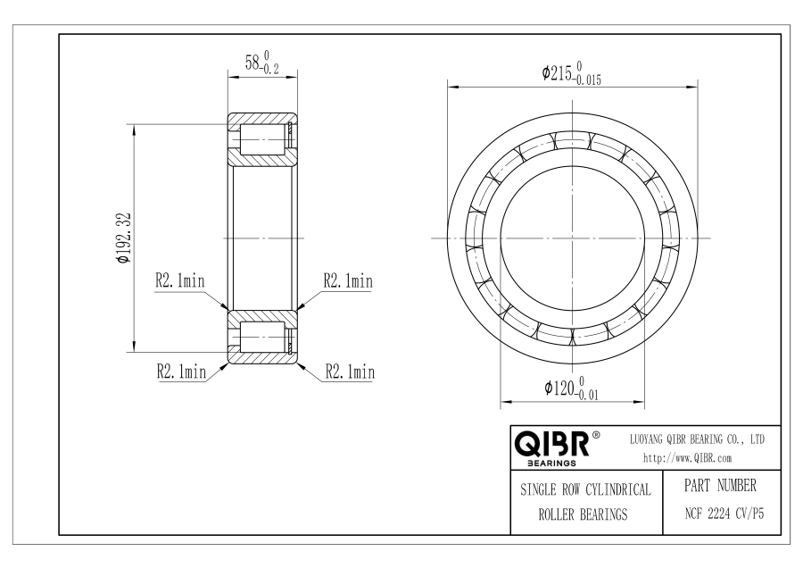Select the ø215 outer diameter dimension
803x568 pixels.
572,73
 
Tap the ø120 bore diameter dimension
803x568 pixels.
571,388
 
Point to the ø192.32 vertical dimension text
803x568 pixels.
124,238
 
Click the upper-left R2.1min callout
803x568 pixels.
180,281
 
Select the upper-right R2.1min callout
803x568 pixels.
348,281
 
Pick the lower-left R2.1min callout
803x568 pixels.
181,372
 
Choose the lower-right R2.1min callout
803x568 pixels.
351,372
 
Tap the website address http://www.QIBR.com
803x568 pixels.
688,458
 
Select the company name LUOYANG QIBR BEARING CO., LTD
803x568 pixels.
697,439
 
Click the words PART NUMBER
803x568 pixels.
720,485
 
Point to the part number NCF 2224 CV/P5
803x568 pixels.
724,514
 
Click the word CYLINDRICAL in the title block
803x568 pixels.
618,489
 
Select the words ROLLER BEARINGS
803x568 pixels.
583,514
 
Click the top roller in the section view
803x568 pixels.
262,140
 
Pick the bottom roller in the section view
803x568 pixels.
262,337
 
